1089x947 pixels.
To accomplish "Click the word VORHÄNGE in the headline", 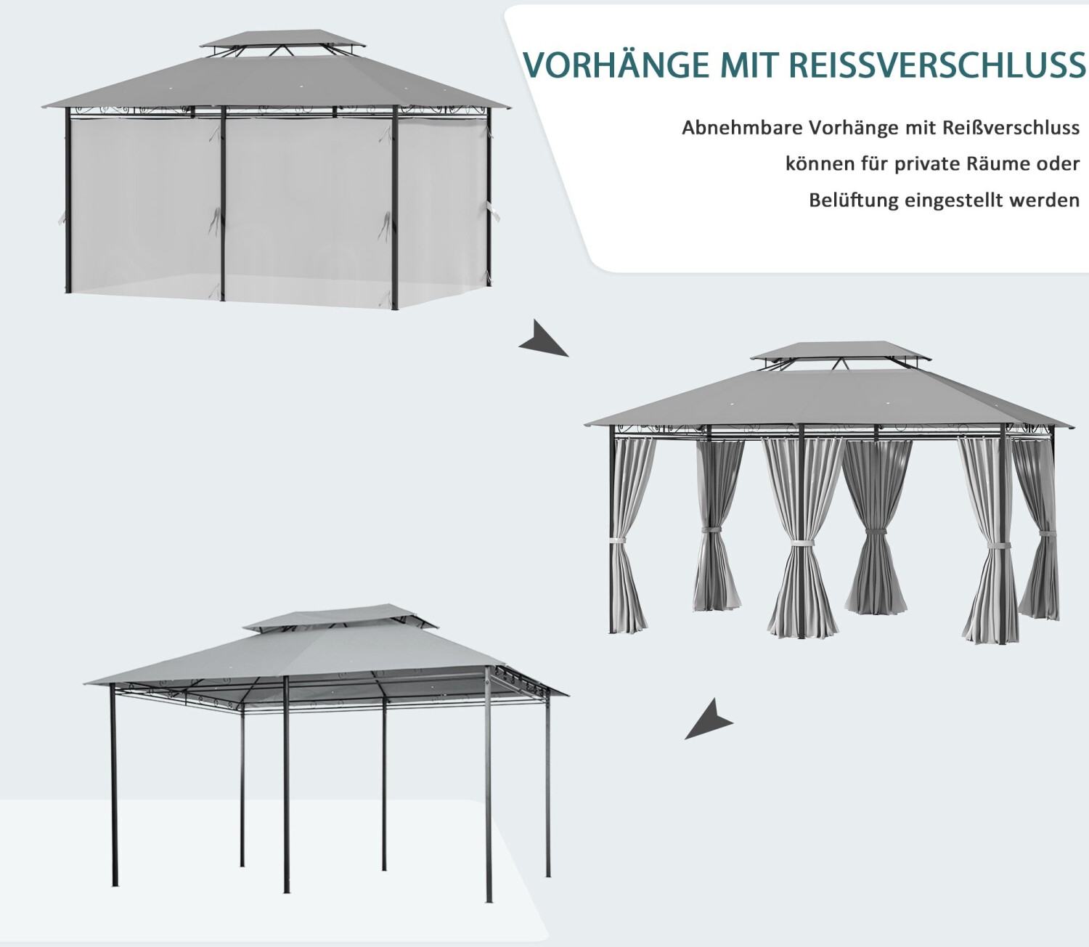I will (x=616, y=65).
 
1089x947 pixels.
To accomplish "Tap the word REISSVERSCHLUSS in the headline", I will (x=937, y=65).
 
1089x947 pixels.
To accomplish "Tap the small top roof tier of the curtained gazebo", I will (x=839, y=350).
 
